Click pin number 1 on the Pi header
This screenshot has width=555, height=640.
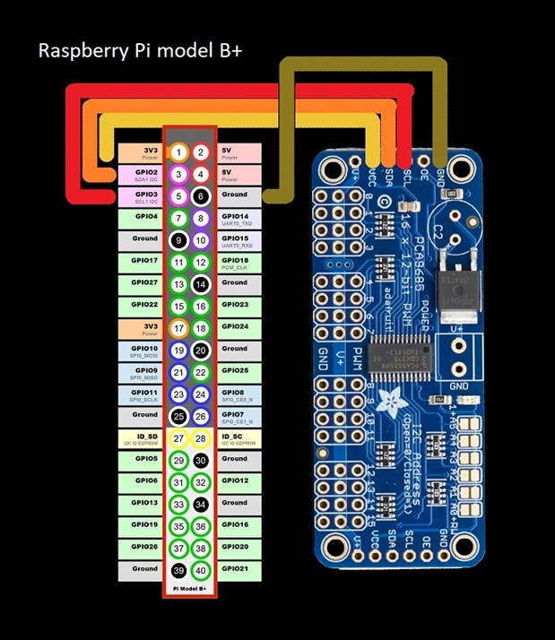180,152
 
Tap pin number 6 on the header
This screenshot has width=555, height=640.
202,196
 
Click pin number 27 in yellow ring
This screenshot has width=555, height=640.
180,439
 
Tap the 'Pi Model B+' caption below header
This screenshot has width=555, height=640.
191,589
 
